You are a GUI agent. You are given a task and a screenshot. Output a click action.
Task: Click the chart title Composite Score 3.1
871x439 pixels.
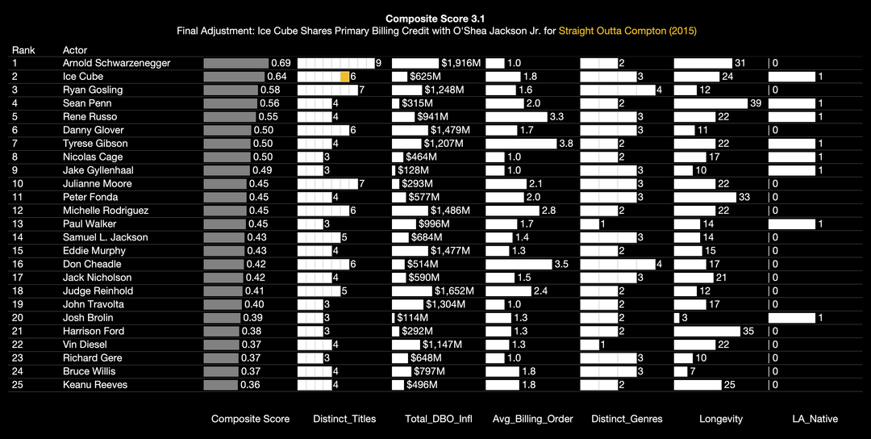(x=435, y=19)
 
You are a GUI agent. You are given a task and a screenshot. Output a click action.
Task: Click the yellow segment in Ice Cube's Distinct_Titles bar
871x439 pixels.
(x=344, y=77)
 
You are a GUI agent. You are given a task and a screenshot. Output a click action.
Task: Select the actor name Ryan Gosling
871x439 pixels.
(x=93, y=90)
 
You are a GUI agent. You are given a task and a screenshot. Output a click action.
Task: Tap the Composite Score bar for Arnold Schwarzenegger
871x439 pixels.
(x=235, y=63)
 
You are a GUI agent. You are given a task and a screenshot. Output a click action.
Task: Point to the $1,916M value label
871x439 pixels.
(x=461, y=63)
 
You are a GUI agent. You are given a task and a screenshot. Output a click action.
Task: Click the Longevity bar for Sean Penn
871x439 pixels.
(x=711, y=103)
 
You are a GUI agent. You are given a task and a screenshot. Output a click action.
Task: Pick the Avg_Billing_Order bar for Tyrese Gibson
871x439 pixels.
(x=521, y=144)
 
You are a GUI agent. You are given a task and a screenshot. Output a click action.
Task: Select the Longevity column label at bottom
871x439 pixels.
(x=721, y=419)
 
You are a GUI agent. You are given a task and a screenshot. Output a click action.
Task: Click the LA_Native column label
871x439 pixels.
(x=815, y=419)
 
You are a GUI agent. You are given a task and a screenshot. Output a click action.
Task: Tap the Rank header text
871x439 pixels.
(x=23, y=50)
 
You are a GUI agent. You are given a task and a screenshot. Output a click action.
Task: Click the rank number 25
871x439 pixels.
(x=18, y=385)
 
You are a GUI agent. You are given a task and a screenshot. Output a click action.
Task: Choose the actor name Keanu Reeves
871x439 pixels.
(x=95, y=385)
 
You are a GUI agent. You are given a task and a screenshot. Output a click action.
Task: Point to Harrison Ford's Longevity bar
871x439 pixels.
(x=707, y=331)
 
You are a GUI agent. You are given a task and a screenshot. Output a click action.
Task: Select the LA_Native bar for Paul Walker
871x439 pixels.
(x=792, y=224)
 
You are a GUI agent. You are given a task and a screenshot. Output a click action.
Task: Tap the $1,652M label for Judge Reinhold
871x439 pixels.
(x=454, y=291)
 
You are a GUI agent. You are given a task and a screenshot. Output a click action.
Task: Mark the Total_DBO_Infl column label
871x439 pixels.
(x=439, y=419)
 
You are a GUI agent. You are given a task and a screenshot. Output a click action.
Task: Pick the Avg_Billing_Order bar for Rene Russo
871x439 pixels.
(x=516, y=117)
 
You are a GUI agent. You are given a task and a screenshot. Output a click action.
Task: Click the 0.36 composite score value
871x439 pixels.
(x=250, y=385)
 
